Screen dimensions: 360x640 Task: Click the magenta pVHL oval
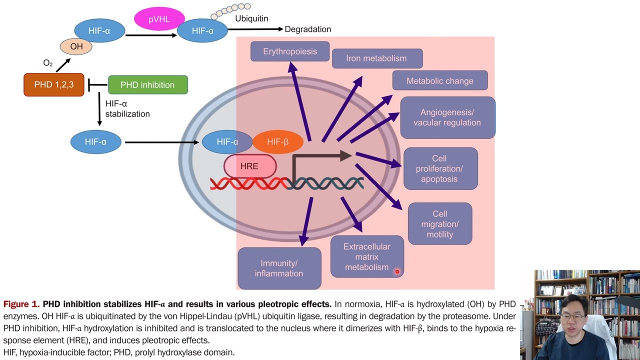159,19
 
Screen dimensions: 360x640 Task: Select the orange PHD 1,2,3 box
54,85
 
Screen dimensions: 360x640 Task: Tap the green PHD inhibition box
147,85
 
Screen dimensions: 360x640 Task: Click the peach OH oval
76,46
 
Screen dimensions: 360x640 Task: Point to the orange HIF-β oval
278,142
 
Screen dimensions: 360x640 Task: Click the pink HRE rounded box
249,166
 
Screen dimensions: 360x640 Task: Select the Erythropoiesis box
290,51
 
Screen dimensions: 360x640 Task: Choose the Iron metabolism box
377,58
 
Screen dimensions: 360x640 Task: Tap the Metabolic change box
439,81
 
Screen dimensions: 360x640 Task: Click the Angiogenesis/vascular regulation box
447,117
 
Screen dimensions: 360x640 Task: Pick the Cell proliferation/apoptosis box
440,169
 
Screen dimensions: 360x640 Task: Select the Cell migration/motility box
440,224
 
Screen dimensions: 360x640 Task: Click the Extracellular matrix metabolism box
366,257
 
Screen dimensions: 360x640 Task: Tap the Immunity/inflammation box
279,268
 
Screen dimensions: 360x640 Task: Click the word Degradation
307,29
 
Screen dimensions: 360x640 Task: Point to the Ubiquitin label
251,18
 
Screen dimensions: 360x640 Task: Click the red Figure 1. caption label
21,304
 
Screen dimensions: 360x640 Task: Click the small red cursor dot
397,271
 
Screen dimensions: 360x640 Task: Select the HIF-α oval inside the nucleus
227,142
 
